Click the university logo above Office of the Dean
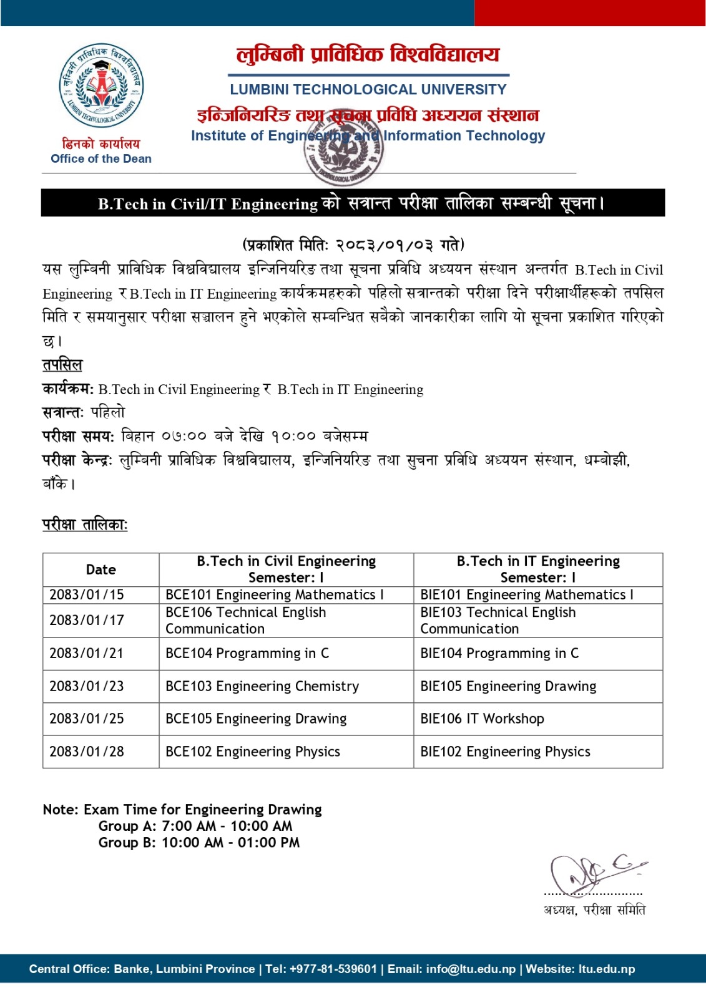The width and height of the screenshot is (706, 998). (x=101, y=85)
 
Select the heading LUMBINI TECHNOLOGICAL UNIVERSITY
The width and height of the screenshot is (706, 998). (x=368, y=90)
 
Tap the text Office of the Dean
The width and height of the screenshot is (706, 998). (x=101, y=159)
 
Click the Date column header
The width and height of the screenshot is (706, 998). (x=101, y=569)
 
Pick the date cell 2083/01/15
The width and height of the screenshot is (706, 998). (x=87, y=595)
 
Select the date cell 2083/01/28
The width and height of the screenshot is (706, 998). (x=87, y=752)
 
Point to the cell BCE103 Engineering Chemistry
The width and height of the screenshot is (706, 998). (x=262, y=687)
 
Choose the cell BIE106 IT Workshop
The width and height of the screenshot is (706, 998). (x=482, y=719)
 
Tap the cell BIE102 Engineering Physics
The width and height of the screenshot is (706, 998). (x=505, y=752)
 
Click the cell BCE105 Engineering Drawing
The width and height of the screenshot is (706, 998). (x=256, y=719)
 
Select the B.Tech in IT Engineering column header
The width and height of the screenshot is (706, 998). (x=538, y=569)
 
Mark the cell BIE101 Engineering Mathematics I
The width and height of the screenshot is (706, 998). (x=527, y=595)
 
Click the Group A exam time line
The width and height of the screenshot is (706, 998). (x=195, y=826)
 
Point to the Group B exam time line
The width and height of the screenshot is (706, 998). (x=199, y=843)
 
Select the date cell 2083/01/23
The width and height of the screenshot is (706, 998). (x=87, y=687)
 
